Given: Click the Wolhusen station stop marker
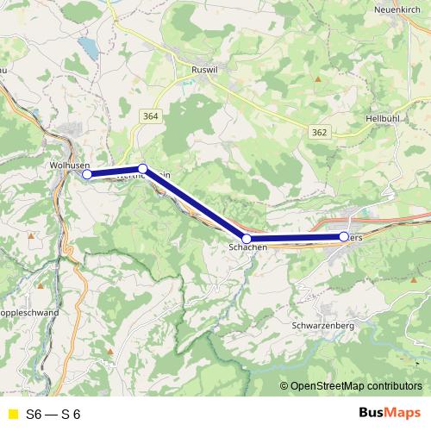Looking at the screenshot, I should click(x=87, y=174).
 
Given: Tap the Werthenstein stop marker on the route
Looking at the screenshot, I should click(x=143, y=169).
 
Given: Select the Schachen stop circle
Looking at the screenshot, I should click(x=247, y=238).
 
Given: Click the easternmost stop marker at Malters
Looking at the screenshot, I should click(x=344, y=236).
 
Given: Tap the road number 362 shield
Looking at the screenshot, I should click(x=319, y=131).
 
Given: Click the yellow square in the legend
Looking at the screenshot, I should click(x=12, y=415).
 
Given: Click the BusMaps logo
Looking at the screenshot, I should click(x=389, y=414).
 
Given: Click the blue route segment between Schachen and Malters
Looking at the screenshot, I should click(x=295, y=238).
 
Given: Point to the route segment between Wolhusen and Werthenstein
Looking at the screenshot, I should click(x=115, y=172).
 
